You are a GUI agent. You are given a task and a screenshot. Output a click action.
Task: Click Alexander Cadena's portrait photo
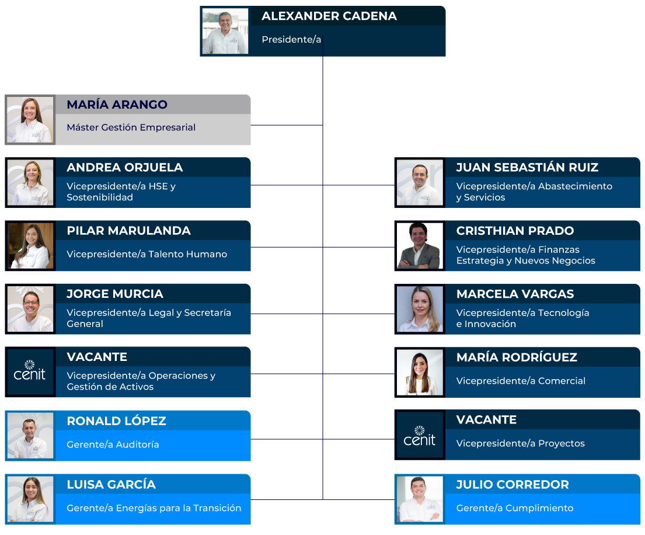tap(225, 32)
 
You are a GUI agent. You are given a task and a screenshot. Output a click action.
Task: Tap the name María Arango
tap(117, 105)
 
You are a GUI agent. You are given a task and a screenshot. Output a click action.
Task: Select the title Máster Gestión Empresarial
tap(131, 127)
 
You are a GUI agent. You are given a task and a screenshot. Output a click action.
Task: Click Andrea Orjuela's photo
tap(30, 182)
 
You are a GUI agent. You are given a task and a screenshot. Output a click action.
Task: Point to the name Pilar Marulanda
tap(128, 231)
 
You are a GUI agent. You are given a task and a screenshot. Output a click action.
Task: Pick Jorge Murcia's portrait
tap(30, 309)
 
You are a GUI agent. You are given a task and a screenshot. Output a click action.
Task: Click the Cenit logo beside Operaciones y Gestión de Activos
tap(30, 372)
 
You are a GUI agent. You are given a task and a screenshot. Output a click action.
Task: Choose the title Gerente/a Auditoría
tap(113, 444)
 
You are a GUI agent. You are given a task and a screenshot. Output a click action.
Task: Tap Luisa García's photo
tap(30, 499)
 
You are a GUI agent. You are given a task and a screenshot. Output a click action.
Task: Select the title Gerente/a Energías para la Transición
tap(154, 508)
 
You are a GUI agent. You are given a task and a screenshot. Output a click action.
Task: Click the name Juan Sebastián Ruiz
tap(527, 168)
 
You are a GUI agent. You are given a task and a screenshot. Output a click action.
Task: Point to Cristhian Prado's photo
tap(420, 246)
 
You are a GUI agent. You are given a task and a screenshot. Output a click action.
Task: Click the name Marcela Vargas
tap(515, 294)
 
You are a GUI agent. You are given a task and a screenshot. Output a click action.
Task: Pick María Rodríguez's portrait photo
tap(420, 372)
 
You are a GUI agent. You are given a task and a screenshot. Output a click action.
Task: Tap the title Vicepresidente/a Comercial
tap(521, 381)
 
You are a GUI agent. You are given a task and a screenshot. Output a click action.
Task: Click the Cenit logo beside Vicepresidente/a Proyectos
tap(420, 435)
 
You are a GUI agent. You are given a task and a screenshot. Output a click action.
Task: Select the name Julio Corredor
tap(512, 484)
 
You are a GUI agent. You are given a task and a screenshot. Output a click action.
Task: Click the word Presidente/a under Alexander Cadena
tap(291, 40)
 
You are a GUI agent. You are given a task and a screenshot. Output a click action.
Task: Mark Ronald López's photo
tap(30, 436)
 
